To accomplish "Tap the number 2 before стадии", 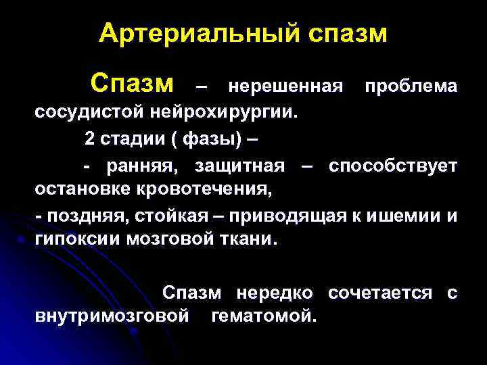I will click(x=89, y=139).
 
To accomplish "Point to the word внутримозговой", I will click(x=112, y=316).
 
